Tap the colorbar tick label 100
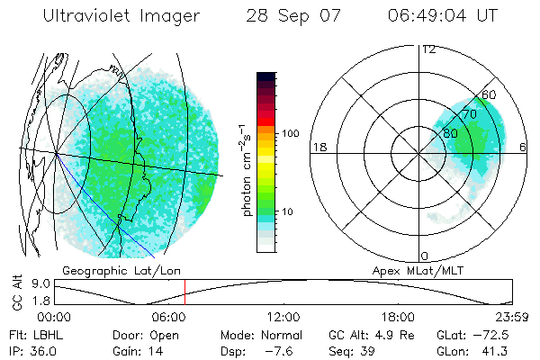point(290,133)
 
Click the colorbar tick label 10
point(287,211)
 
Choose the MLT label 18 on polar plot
point(318,148)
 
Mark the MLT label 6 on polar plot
point(524,148)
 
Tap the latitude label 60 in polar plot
point(490,94)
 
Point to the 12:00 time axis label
point(283,317)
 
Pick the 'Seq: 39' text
point(353,349)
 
